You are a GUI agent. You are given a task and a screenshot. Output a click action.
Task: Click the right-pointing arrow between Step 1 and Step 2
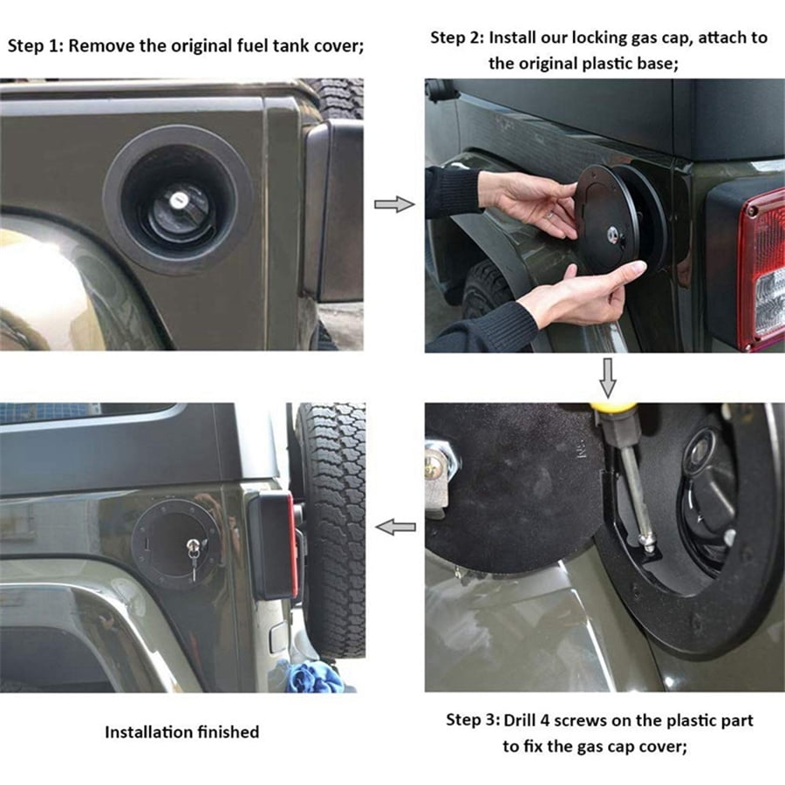click(x=392, y=204)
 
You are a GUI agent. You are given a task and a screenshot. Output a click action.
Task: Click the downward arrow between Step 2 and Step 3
click(x=608, y=376)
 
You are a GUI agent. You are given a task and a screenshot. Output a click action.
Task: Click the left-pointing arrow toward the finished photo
click(x=395, y=527)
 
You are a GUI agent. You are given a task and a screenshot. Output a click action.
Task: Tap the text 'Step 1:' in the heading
click(x=35, y=45)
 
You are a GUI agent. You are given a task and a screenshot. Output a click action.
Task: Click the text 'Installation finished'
click(x=181, y=732)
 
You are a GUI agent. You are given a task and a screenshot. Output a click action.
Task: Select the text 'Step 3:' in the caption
click(x=473, y=720)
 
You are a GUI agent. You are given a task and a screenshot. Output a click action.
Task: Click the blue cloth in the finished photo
click(x=315, y=676)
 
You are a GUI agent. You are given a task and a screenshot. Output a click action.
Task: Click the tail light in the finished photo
click(x=277, y=544)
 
